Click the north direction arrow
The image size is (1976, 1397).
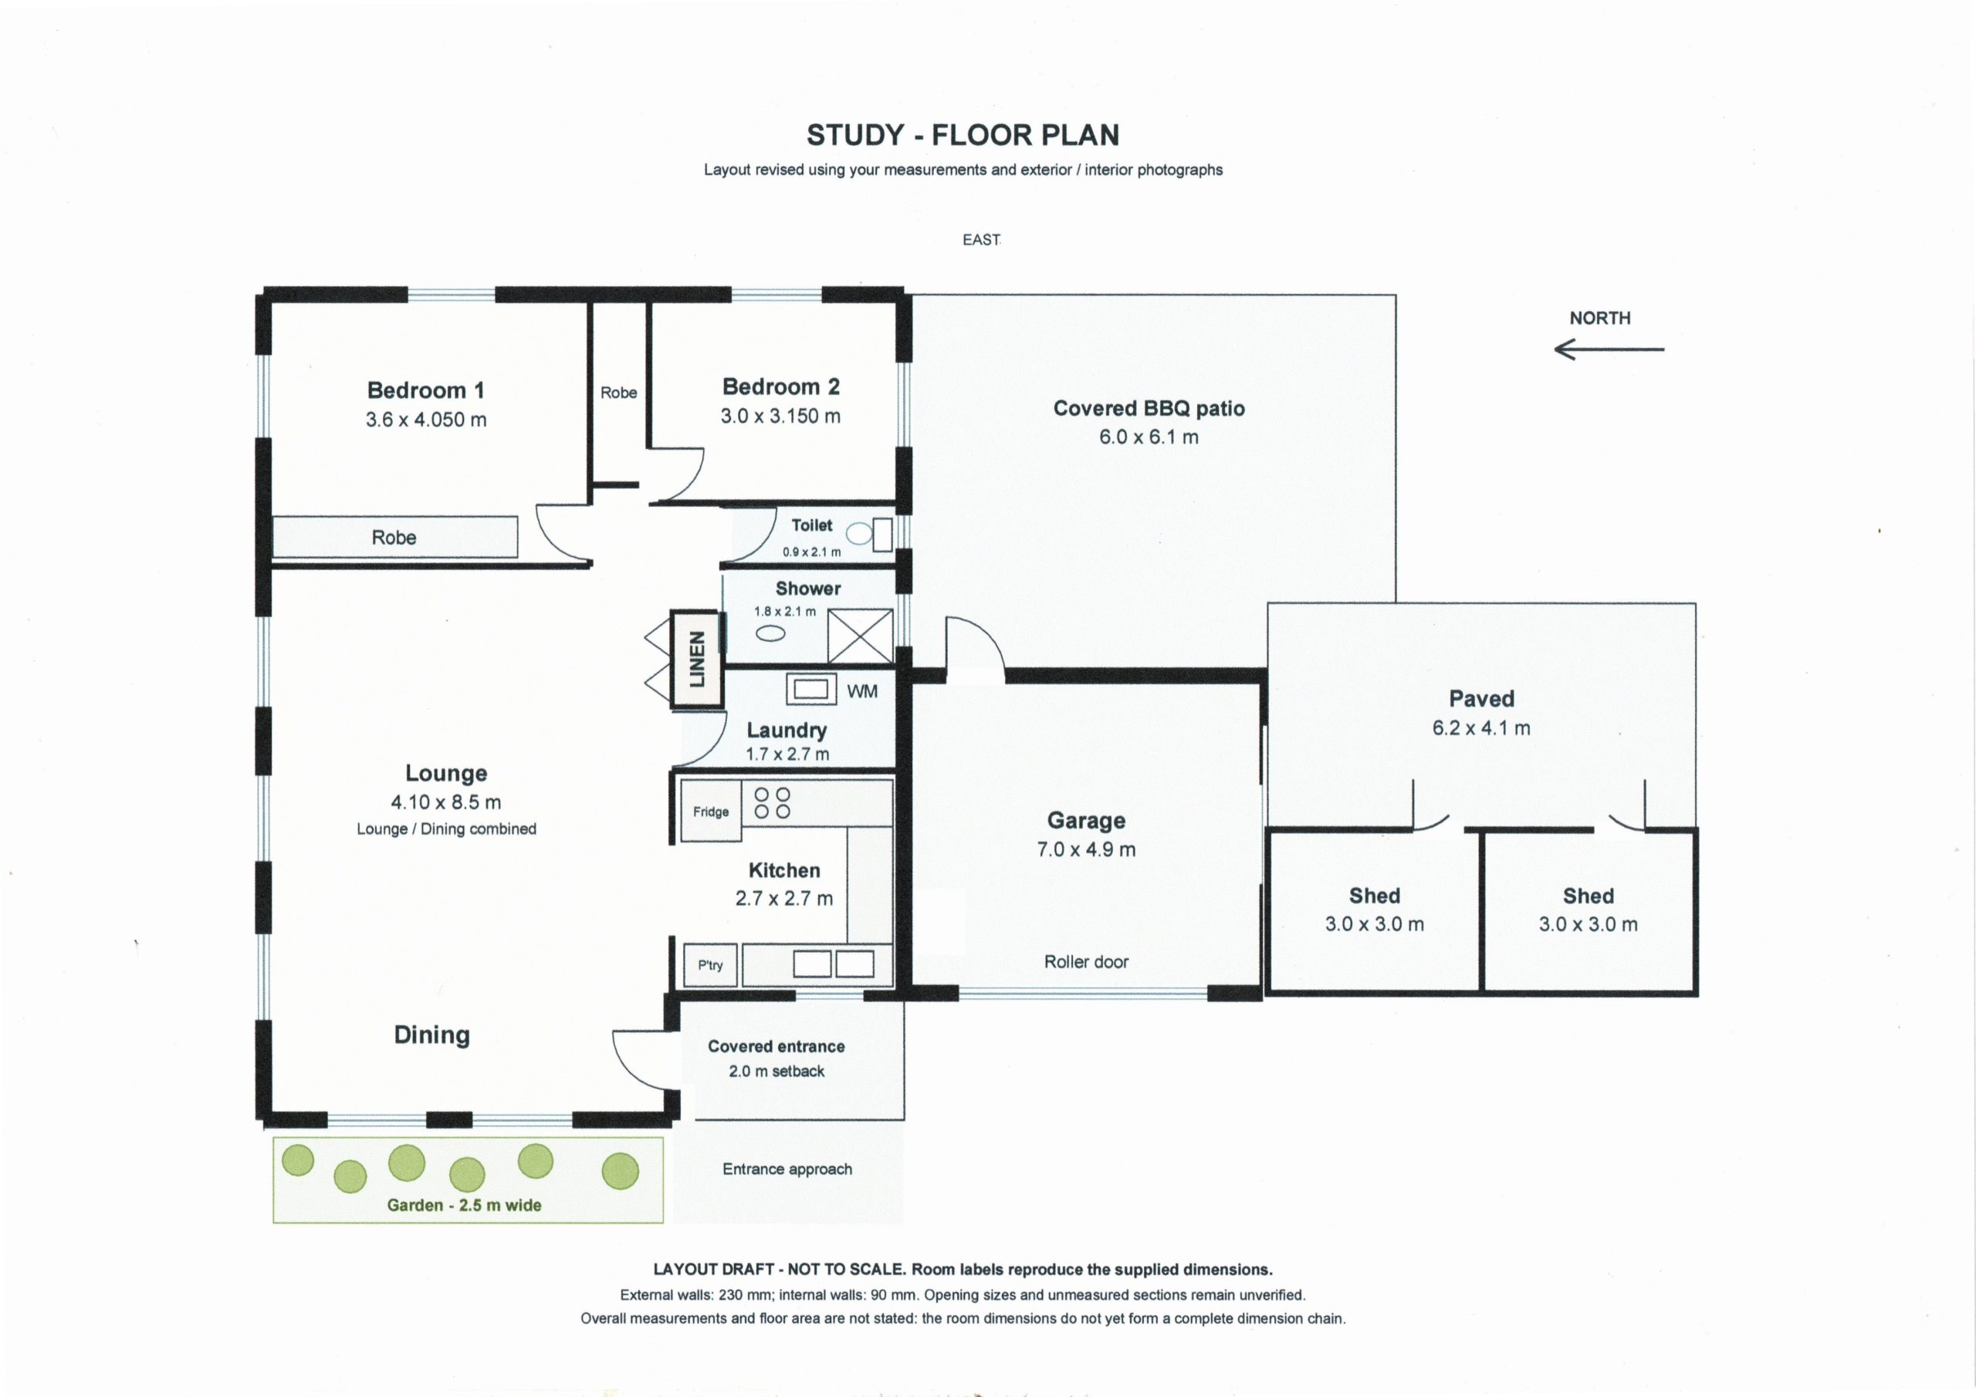(x=1609, y=349)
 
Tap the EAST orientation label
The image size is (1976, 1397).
(x=981, y=240)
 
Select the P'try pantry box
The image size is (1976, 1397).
(x=711, y=965)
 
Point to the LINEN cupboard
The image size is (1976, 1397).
(x=695, y=659)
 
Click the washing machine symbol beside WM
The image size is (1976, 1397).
(x=811, y=690)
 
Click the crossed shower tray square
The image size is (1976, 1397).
(x=859, y=636)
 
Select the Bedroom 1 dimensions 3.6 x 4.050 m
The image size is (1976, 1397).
(x=426, y=420)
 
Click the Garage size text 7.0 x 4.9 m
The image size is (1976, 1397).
(x=1086, y=849)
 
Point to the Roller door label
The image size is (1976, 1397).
(x=1086, y=962)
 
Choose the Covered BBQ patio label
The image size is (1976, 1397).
(x=1149, y=408)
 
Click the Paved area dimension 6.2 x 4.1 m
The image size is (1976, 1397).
(x=1481, y=727)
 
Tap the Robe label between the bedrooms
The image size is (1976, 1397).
(x=619, y=393)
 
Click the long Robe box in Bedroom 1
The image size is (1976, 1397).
(x=395, y=537)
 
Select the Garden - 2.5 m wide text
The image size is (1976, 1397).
(x=464, y=1205)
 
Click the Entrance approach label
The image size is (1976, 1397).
(x=787, y=1169)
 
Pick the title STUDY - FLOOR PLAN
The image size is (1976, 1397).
(x=963, y=135)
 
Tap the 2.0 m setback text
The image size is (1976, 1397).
(x=777, y=1071)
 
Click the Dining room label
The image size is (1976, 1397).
(x=432, y=1035)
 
